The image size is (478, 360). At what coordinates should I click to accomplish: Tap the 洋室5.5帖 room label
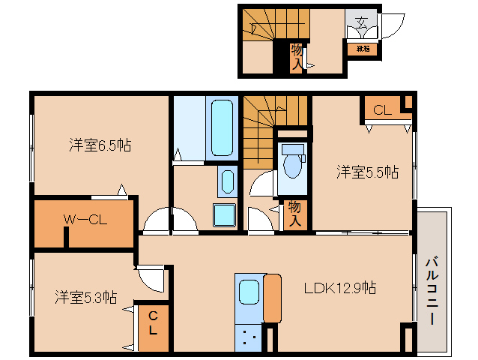point(366,172)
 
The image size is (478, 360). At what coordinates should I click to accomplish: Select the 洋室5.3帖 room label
point(85,297)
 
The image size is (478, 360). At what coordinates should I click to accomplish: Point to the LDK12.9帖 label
point(339,288)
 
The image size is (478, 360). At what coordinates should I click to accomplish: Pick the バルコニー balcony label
point(432,289)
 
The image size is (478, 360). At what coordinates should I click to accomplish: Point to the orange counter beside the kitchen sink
point(272,298)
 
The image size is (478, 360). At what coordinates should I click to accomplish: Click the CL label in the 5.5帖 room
point(382,110)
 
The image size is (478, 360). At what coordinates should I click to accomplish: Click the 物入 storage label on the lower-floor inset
point(297,56)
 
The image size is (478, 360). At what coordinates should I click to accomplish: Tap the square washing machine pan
point(224,214)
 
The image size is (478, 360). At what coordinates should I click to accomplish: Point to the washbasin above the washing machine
point(226,182)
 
